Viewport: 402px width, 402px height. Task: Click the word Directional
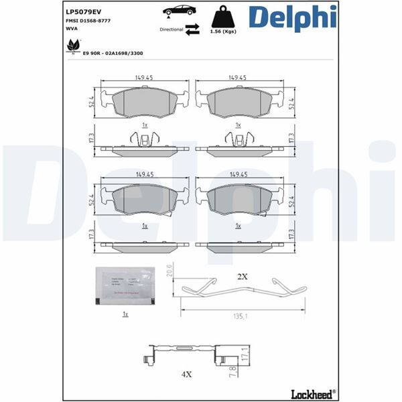[171, 29]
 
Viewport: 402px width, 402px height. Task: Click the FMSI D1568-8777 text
[88, 21]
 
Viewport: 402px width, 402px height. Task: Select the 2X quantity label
[242, 276]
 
